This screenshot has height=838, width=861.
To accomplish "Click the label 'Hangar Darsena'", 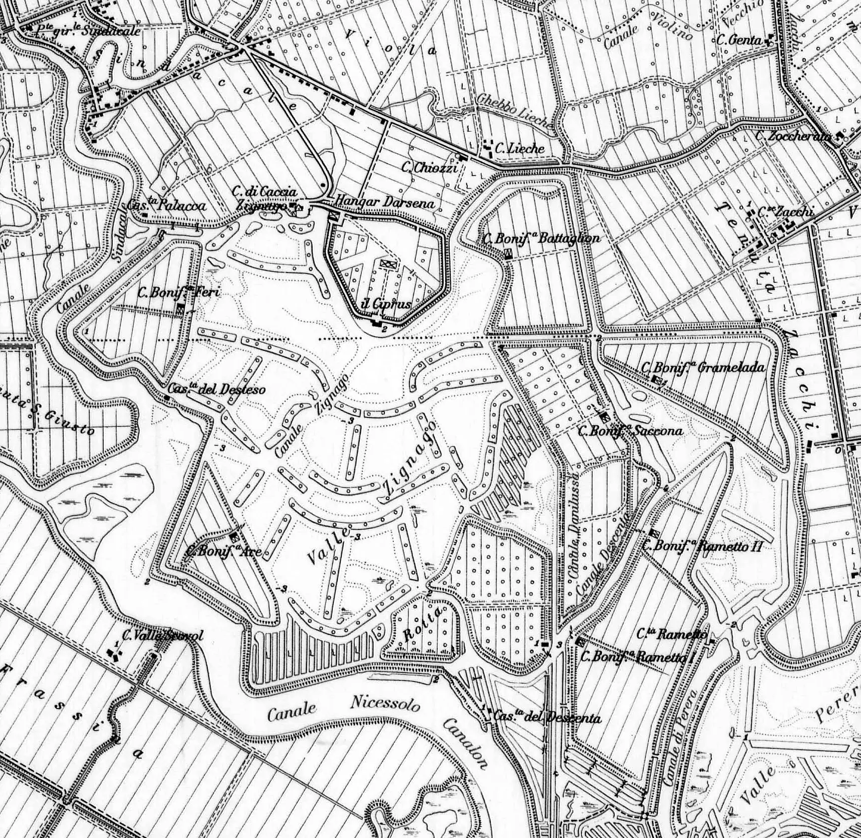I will tap(384, 202).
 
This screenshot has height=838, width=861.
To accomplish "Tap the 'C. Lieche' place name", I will tap(519, 148).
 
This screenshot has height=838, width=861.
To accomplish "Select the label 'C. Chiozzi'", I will tap(430, 168).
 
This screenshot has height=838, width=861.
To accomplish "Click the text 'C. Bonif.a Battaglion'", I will tap(542, 238).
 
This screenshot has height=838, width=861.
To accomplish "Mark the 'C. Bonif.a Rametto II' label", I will tap(702, 546).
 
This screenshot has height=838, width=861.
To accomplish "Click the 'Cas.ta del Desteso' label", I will tap(216, 389).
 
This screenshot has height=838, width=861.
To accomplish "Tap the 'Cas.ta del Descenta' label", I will tap(547, 718).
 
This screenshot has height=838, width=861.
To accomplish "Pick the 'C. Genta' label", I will tap(739, 40).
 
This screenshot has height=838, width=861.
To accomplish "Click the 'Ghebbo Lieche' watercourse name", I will tap(514, 110).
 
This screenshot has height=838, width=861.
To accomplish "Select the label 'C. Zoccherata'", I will tap(793, 135).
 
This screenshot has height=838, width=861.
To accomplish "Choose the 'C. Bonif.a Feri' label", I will tap(179, 292).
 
